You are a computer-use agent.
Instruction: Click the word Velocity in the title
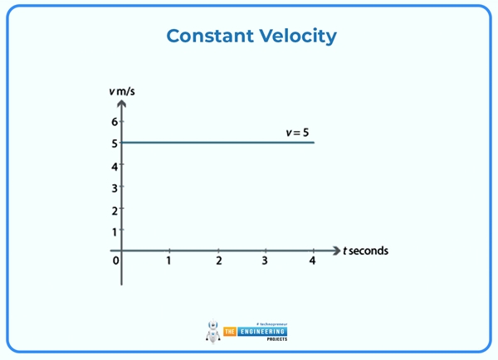[298, 36]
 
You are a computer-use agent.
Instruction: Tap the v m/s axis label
[121, 90]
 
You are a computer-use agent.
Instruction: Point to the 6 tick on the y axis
[115, 122]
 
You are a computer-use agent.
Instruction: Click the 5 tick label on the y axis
[115, 144]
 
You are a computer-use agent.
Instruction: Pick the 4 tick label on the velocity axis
[115, 166]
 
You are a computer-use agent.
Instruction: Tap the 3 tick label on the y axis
[115, 188]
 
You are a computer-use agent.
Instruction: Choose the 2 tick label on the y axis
[115, 210]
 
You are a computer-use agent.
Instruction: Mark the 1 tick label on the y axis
[115, 231]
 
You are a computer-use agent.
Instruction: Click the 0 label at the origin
[115, 261]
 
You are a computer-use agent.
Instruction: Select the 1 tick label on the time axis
[168, 261]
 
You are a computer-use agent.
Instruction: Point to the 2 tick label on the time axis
[218, 261]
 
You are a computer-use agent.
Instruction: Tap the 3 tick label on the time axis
[265, 261]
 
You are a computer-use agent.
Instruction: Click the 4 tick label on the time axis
[313, 261]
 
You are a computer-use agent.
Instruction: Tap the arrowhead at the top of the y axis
[121, 105]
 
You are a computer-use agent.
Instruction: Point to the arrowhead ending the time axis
[336, 250]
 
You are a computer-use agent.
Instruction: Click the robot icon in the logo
[212, 332]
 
